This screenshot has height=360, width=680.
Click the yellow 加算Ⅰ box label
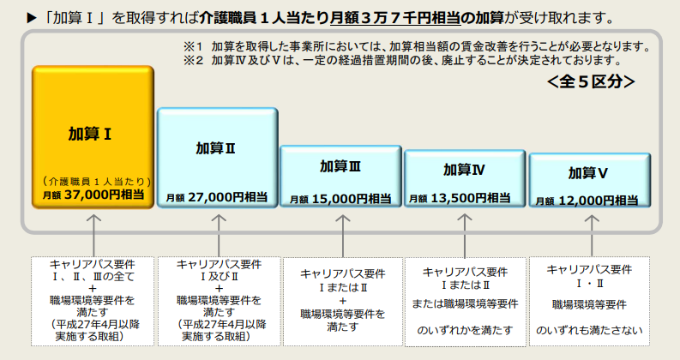pyautogui.click(x=90, y=134)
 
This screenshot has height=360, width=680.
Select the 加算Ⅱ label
pyautogui.click(x=215, y=148)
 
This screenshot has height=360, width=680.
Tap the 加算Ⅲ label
pyautogui.click(x=340, y=166)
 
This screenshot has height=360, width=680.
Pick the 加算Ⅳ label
pyautogui.click(x=464, y=170)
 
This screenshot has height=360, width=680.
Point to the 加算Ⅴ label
pyautogui.click(x=588, y=173)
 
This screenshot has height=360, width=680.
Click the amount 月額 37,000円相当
pyautogui.click(x=93, y=195)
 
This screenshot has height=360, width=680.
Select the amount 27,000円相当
pyautogui.click(x=228, y=197)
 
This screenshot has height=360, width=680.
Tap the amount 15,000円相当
pyautogui.click(x=352, y=199)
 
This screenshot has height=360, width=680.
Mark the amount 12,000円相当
pyautogui.click(x=599, y=201)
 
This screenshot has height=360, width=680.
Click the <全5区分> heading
pyautogui.click(x=591, y=81)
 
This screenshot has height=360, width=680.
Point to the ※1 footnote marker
pyautogui.click(x=193, y=46)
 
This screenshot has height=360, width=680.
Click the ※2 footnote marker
pyautogui.click(x=193, y=60)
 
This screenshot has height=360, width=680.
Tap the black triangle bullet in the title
pyautogui.click(x=32, y=18)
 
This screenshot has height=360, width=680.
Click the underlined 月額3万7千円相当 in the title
pyautogui.click(x=395, y=18)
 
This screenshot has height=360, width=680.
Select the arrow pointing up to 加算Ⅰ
pyautogui.click(x=93, y=236)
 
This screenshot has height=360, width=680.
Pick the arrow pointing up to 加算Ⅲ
pyautogui.click(x=343, y=236)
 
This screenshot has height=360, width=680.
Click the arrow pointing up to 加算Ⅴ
pyautogui.click(x=592, y=236)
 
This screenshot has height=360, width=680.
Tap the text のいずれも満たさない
pyautogui.click(x=589, y=331)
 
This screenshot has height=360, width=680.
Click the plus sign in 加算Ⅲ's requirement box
pyautogui.click(x=343, y=301)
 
